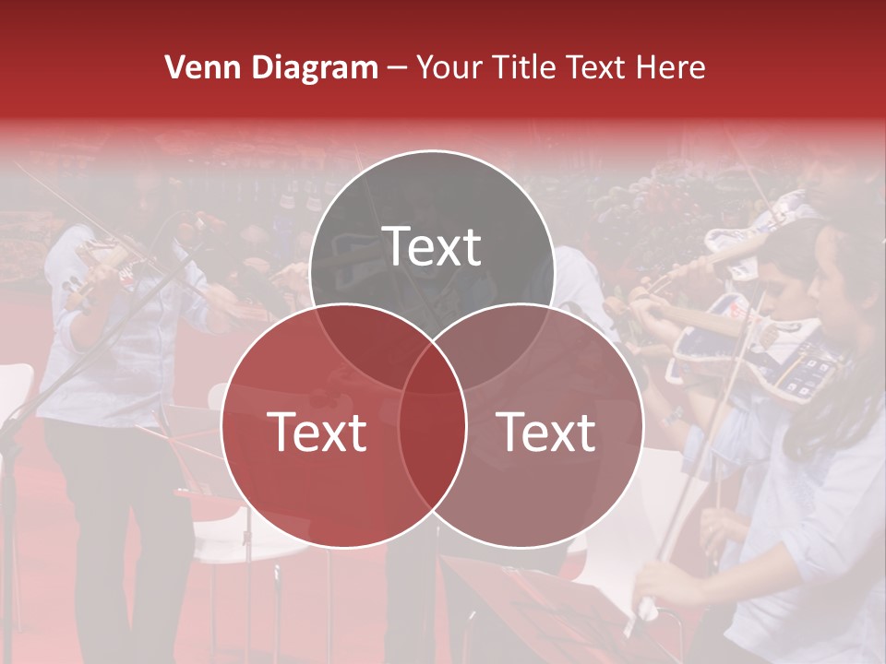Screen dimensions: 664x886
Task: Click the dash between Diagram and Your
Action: (x=397, y=68)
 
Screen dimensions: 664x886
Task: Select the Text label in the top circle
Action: (x=432, y=246)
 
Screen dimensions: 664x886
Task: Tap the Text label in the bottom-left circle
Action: (x=317, y=432)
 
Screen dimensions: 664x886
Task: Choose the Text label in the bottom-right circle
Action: (x=546, y=432)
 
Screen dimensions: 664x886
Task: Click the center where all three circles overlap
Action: (x=432, y=369)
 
